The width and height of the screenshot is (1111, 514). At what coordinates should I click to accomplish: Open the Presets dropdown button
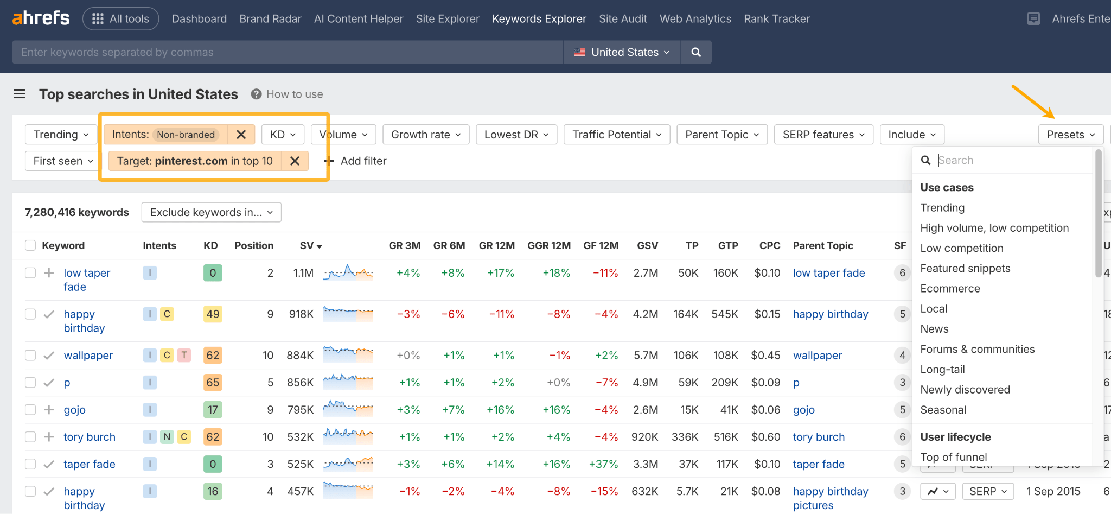[1070, 135]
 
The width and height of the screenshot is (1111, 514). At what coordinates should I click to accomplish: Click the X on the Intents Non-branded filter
[241, 135]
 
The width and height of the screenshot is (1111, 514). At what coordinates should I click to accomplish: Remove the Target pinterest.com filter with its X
[295, 161]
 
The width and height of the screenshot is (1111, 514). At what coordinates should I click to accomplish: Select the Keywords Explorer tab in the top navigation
[539, 19]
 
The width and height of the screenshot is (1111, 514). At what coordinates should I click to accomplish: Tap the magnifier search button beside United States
[696, 52]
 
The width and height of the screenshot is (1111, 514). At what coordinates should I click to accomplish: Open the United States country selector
[622, 52]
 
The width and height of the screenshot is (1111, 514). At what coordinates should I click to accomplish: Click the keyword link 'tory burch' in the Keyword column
[90, 437]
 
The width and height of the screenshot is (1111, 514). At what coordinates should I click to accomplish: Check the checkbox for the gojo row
[30, 410]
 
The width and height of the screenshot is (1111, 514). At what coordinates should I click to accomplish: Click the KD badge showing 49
[213, 314]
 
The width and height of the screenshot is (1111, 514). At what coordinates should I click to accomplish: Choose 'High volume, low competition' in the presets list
[994, 228]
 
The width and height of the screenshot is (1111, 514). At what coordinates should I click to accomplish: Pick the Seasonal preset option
[943, 410]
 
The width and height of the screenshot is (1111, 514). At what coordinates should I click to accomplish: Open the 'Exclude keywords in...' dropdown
[211, 212]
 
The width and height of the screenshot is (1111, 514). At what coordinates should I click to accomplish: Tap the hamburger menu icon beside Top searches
[20, 94]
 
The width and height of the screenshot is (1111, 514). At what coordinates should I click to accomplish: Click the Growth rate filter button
[426, 135]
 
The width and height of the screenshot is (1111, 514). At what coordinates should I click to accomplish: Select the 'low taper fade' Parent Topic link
[828, 273]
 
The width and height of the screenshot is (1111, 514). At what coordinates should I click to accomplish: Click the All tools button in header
[120, 19]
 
